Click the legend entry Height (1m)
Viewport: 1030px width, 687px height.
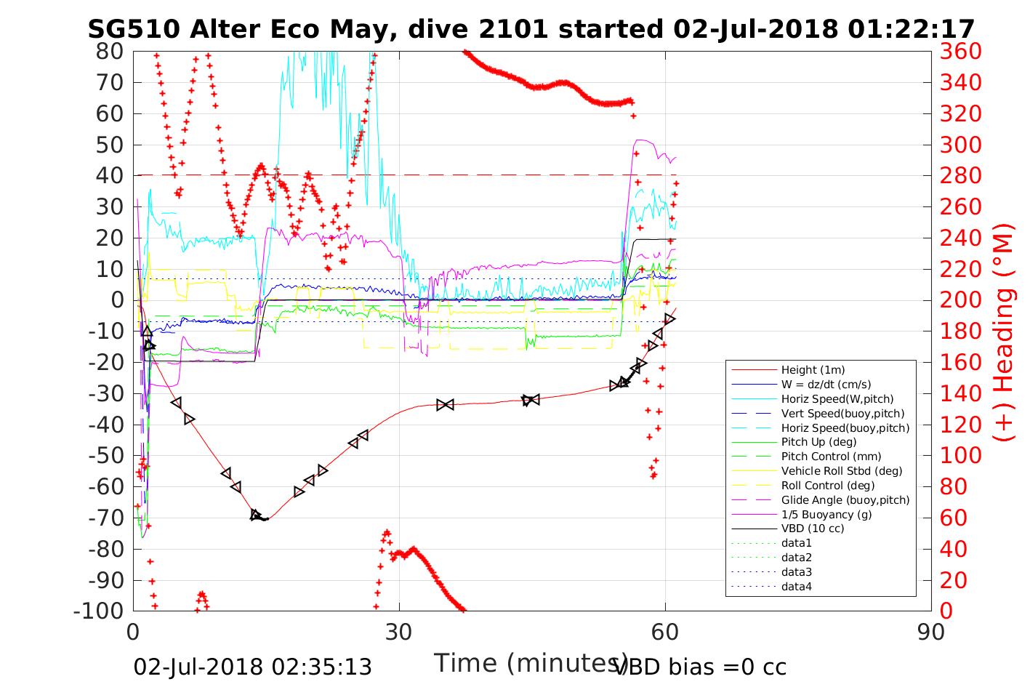point(813,370)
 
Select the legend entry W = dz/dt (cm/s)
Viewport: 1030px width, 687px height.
point(826,385)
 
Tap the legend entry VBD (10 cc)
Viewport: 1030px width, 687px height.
point(813,529)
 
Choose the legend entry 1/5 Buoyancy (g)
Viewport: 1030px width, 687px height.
point(826,514)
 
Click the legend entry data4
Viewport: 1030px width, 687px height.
point(796,587)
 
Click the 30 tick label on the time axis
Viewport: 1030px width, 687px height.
point(399,631)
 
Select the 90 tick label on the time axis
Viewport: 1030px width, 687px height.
point(931,631)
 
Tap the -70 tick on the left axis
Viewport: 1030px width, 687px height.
point(106,518)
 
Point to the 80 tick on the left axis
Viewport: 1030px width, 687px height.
point(110,51)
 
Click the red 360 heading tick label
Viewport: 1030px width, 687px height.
point(960,51)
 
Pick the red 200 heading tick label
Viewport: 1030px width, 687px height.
point(960,300)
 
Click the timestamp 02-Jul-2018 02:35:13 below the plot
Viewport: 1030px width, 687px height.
point(252,667)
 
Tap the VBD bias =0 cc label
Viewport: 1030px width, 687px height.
point(700,667)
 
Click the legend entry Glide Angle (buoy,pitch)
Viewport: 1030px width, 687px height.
point(845,500)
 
